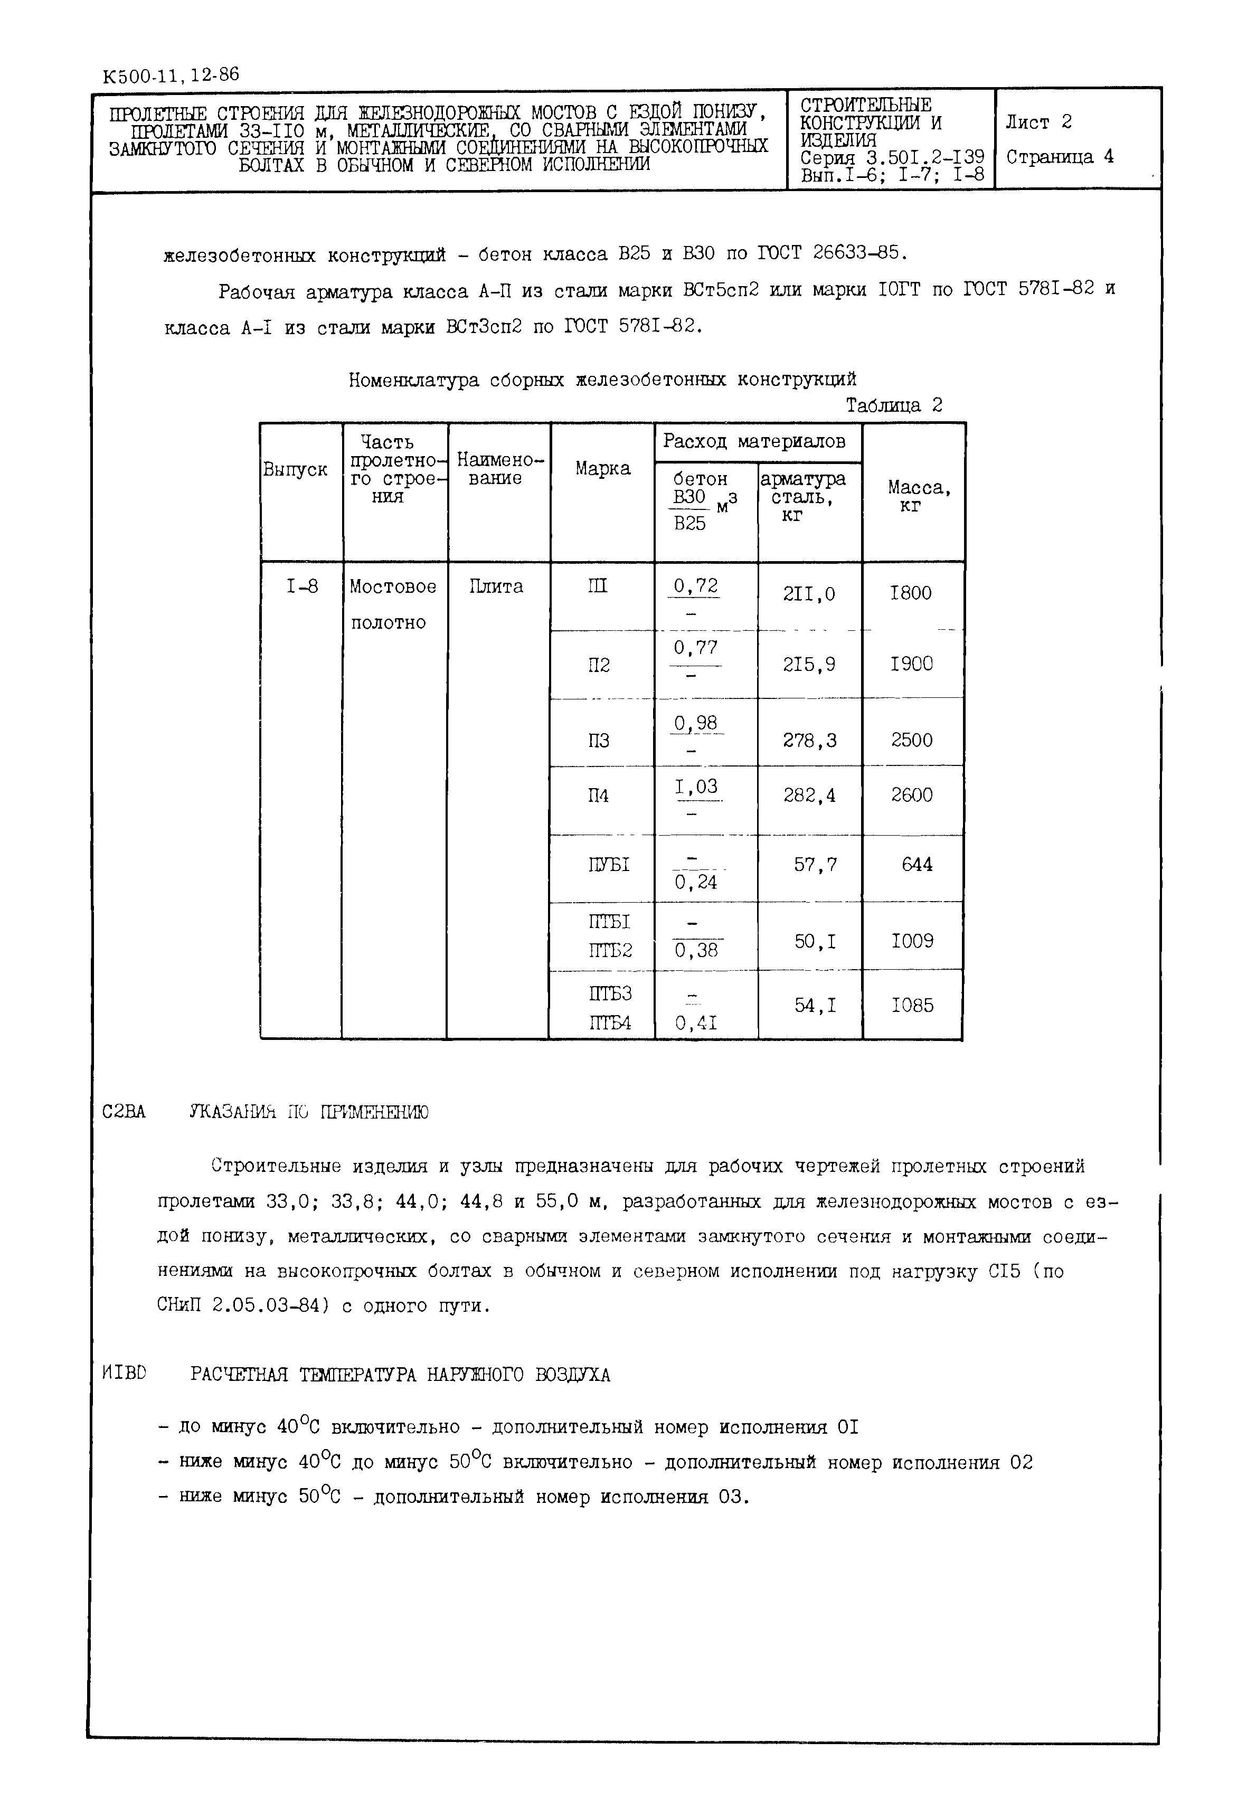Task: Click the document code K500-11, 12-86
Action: (x=171, y=76)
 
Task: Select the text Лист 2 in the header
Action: (x=1038, y=122)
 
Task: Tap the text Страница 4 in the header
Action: (x=1059, y=157)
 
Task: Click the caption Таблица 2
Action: (x=894, y=405)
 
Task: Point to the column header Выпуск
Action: (x=295, y=470)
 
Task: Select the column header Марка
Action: (x=602, y=469)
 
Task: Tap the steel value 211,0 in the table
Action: (x=809, y=594)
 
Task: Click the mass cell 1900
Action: (x=911, y=664)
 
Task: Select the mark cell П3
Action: (x=599, y=741)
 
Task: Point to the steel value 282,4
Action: (x=809, y=796)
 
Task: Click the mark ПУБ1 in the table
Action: (x=608, y=865)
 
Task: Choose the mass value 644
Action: (x=917, y=865)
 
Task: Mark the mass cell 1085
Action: (x=912, y=1006)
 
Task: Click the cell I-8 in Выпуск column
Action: (x=301, y=587)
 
